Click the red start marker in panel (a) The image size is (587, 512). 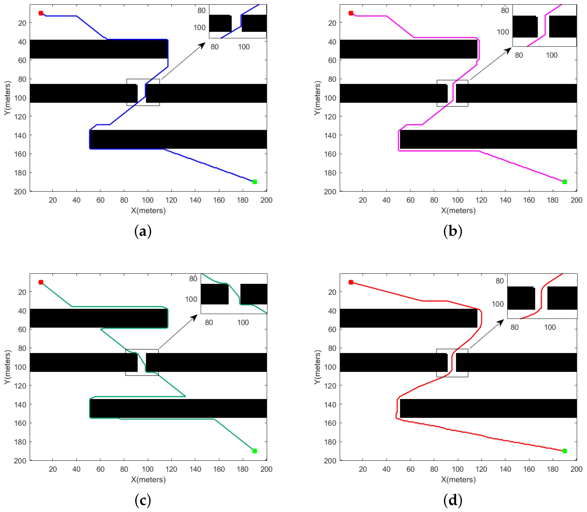pos(41,13)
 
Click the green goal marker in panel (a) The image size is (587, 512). pos(255,182)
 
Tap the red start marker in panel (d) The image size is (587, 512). pos(351,282)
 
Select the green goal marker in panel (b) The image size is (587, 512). pos(564,182)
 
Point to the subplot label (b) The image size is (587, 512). pos(452,231)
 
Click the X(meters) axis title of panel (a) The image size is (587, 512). pos(148,211)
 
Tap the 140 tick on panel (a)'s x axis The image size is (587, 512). pos(195,200)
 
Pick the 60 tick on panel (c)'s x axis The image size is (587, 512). pos(100,469)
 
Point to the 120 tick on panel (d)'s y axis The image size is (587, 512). pos(330,386)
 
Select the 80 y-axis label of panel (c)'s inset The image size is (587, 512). pos(193,279)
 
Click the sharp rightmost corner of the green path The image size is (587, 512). pos(186,396)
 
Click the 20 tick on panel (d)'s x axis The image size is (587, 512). pos(362,469)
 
